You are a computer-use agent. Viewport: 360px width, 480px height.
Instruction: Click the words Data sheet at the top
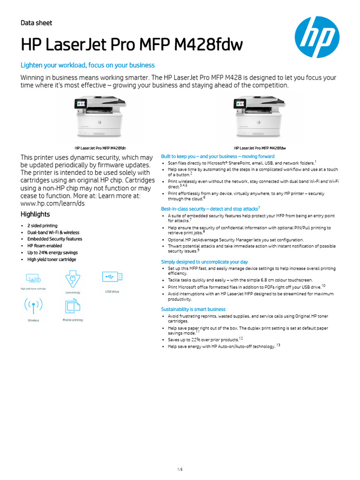pyautogui.click(x=37, y=23)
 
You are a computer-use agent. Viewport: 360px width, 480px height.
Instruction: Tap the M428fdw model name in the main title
pyautogui.click(x=213, y=45)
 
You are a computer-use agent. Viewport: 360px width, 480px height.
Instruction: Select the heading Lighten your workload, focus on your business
pyautogui.click(x=88, y=65)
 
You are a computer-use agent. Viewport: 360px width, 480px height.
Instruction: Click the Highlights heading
pyautogui.click(x=35, y=214)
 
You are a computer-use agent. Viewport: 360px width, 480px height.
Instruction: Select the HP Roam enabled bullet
pyautogui.click(x=45, y=246)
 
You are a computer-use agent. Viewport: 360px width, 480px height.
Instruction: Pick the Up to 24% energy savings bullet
pyautogui.click(x=52, y=253)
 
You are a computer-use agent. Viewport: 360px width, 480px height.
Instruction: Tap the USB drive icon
pyautogui.click(x=112, y=277)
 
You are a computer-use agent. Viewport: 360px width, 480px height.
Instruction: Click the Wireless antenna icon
pyautogui.click(x=33, y=306)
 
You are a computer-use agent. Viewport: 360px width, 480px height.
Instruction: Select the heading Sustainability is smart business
pyautogui.click(x=193, y=309)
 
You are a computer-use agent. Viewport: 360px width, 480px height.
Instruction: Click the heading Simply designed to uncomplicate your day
pyautogui.click(x=204, y=262)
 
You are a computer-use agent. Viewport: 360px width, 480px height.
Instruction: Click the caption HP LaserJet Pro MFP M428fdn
pyautogui.click(x=100, y=148)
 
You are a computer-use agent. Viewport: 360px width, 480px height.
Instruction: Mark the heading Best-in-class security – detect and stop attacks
pyautogui.click(x=209, y=209)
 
